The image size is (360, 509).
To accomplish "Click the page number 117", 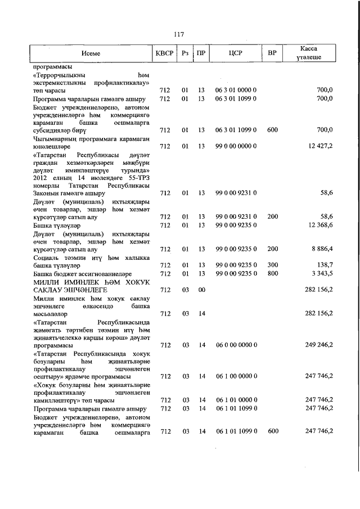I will [179, 34].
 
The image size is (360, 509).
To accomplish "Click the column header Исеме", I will [91, 53].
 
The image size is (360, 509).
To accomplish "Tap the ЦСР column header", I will [236, 53].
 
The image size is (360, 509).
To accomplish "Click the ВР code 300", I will [272, 264].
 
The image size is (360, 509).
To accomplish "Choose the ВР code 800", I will [272, 273].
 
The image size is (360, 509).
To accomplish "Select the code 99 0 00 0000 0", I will [236, 146].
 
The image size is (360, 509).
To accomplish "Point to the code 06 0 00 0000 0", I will [236, 345].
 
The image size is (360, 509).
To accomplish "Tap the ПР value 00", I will [201, 289].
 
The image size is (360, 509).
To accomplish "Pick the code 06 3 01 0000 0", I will [236, 90].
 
